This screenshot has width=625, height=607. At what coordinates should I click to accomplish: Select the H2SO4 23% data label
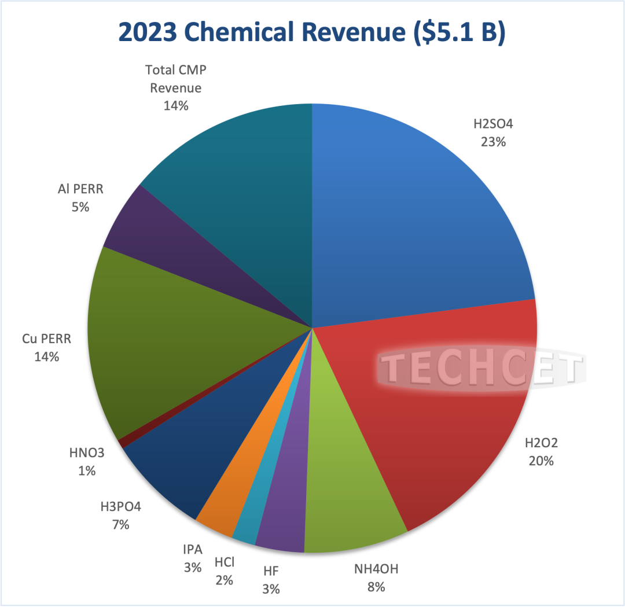click(x=493, y=132)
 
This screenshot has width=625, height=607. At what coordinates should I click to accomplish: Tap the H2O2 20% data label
click(x=541, y=452)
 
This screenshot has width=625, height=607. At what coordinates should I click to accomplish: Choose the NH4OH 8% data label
click(x=376, y=577)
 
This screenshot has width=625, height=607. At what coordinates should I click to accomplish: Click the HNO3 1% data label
click(x=87, y=462)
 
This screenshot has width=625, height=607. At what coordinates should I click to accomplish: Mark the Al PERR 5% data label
click(x=80, y=197)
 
